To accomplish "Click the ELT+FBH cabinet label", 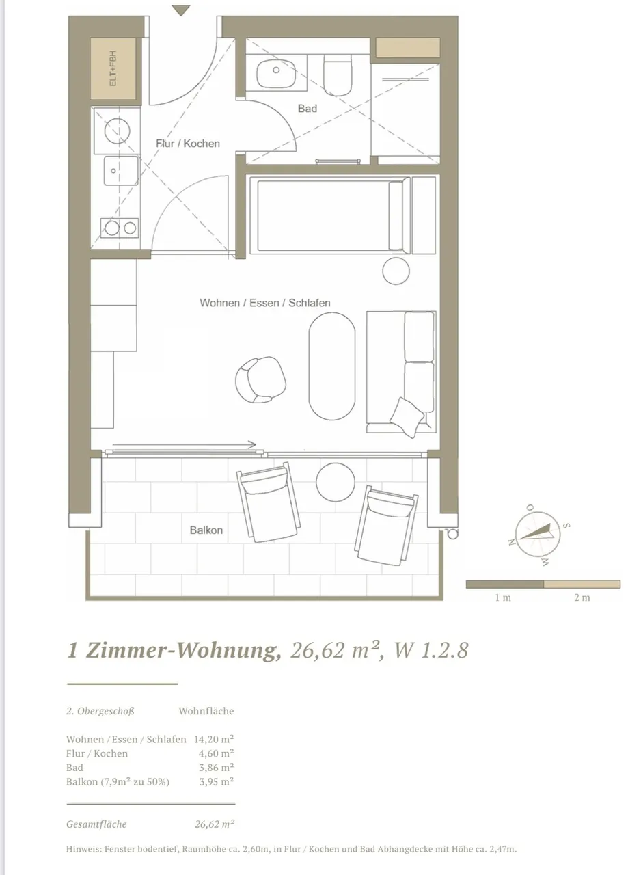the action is click(x=113, y=69).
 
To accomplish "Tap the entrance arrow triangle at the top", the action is click(x=181, y=10).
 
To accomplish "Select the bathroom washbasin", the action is click(x=275, y=73).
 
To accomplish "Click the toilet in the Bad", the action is click(x=338, y=75).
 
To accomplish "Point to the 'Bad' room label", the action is click(x=307, y=109).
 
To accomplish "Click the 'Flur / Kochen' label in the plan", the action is click(x=188, y=144).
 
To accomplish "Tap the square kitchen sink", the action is click(x=121, y=170).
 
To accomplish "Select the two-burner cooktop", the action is click(x=120, y=228).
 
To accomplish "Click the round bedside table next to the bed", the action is click(x=396, y=271).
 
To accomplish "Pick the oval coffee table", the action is click(x=332, y=366).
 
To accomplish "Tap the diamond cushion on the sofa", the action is click(x=407, y=417).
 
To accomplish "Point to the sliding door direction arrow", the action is click(x=184, y=444).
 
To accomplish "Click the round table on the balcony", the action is click(x=336, y=482).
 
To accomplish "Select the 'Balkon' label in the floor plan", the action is click(x=206, y=530).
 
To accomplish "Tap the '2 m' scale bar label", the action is click(x=582, y=597).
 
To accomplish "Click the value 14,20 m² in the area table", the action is click(x=214, y=739).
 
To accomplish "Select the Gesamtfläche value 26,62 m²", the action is click(x=215, y=824).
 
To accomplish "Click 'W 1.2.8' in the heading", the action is click(x=431, y=650).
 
